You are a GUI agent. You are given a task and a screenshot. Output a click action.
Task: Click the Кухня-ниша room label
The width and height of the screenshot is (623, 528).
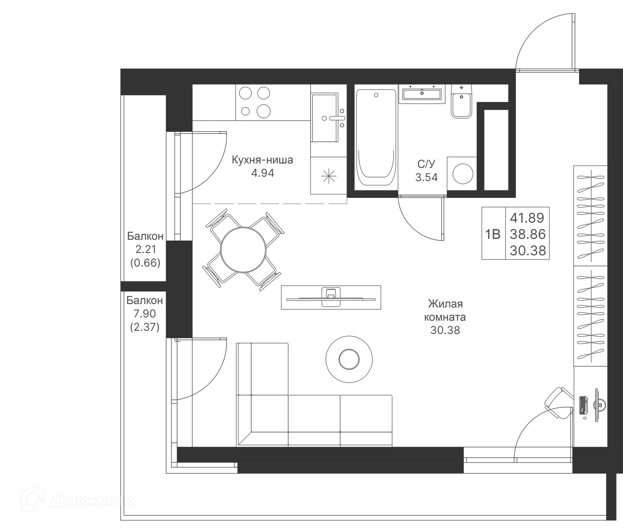(262, 160)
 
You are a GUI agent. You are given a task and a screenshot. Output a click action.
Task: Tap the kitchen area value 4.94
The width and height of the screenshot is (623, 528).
(263, 173)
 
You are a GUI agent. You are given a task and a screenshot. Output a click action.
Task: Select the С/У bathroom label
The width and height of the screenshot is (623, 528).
(426, 164)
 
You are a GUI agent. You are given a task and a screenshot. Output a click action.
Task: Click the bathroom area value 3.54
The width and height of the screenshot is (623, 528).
(426, 177)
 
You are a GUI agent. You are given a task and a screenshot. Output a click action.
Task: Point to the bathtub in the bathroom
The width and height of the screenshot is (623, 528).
(376, 136)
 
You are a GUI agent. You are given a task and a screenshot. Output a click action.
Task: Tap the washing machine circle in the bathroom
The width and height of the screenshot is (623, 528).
(463, 174)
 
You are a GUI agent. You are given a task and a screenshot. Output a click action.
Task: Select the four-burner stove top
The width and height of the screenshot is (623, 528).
(254, 102)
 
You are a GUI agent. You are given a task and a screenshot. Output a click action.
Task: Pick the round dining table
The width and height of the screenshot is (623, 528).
(243, 250)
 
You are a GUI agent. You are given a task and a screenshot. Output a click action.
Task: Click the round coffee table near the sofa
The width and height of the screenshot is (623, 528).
(349, 359)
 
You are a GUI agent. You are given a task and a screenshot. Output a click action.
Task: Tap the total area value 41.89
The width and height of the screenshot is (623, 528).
(527, 218)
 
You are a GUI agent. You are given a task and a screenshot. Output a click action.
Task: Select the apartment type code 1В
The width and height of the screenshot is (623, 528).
(493, 234)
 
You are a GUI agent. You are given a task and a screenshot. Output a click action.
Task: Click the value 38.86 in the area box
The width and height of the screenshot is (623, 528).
(528, 234)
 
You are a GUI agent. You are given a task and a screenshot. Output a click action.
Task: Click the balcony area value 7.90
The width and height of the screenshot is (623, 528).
(145, 314)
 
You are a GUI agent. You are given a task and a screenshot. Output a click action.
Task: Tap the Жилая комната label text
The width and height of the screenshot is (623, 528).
(445, 310)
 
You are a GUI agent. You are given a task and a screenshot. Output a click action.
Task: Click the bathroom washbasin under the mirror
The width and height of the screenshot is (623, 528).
(421, 94)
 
